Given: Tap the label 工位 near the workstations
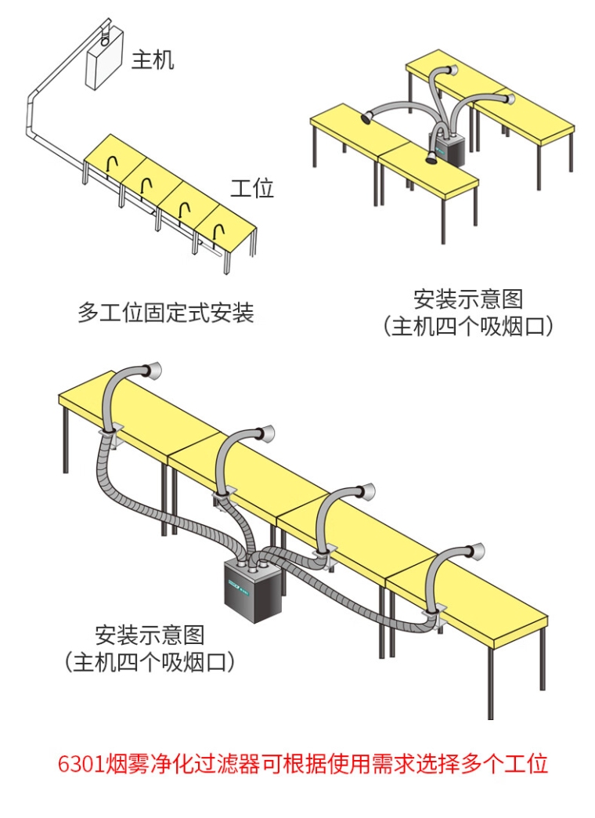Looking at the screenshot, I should (252, 188).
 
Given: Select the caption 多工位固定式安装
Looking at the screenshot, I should (166, 313).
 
